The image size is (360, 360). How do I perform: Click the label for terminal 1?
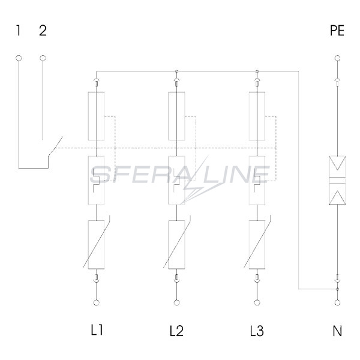pos(19,31)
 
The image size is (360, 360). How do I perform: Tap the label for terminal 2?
pos(43,31)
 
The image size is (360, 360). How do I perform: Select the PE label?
pos(337,31)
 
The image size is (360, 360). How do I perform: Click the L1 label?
pos(97,331)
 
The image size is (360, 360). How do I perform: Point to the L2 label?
pos(176,331)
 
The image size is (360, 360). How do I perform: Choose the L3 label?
pos(257,331)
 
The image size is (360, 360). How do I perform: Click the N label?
pos(337,331)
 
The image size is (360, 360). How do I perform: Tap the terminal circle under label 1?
pos(19,58)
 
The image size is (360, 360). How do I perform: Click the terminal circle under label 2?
pos(43,58)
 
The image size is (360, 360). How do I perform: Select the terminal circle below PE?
pos(337,58)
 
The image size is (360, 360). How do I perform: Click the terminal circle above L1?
pos(97,302)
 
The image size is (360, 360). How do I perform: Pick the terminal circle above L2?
pos(176,302)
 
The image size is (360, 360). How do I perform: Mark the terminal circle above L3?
pos(257,302)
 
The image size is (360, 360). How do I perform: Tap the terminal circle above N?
pos(337,302)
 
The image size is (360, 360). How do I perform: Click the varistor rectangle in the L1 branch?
pos(97,245)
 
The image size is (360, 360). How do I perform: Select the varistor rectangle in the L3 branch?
pos(257,245)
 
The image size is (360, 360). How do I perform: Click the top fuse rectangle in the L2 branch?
pos(176,116)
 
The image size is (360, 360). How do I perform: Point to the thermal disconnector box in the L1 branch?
pos(97,180)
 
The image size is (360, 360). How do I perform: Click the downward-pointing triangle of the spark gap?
pos(337,163)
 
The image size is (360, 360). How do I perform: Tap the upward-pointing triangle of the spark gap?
pos(337,197)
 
